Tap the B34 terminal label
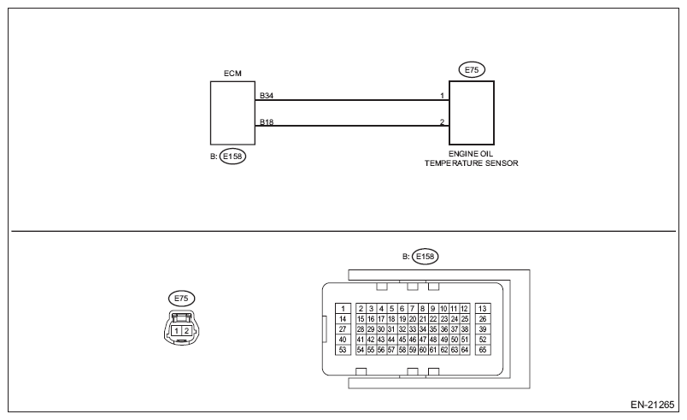click(267, 95)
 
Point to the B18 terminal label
click(267, 121)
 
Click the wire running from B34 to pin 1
click(352, 100)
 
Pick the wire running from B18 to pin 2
click(352, 126)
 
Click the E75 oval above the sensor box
click(472, 69)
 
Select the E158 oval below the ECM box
click(232, 157)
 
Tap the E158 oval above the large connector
click(425, 257)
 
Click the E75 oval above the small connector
click(181, 299)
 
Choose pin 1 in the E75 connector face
click(176, 331)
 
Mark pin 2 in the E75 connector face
click(186, 331)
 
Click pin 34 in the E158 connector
click(423, 329)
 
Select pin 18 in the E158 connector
click(391, 319)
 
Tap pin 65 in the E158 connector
click(483, 350)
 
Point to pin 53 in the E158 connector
click(343, 350)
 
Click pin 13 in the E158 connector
click(483, 308)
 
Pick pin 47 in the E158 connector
click(423, 340)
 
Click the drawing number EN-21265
click(652, 405)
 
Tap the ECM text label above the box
click(232, 74)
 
